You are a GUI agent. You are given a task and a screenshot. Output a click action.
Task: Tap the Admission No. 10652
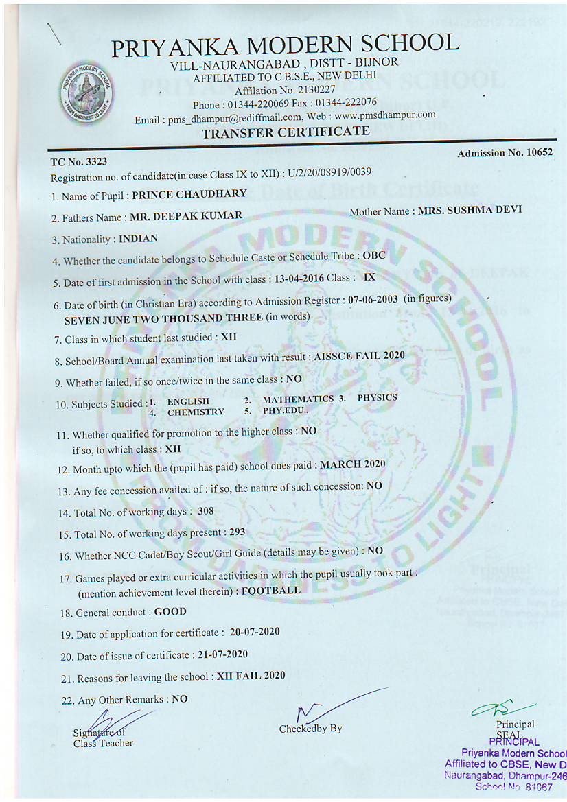505,153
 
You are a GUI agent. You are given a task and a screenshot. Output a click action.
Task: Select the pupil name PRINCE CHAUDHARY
189,195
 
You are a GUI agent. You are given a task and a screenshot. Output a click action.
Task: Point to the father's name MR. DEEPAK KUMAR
186,216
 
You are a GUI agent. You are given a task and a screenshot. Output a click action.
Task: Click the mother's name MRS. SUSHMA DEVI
470,210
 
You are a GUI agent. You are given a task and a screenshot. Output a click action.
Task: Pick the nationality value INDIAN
138,239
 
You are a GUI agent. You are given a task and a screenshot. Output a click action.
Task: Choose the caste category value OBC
374,255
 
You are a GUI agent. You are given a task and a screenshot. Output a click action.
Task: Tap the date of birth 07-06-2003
372,299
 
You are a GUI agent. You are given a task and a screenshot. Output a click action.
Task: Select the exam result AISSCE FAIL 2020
359,356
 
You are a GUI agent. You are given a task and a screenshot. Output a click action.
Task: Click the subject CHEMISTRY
196,412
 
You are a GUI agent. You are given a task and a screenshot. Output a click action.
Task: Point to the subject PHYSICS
377,398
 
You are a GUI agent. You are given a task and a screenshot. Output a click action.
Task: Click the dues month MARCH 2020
353,464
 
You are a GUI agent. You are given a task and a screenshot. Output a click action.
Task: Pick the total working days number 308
206,511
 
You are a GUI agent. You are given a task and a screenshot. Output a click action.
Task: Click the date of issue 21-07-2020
218,654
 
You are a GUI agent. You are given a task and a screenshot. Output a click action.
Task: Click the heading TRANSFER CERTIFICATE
286,132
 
